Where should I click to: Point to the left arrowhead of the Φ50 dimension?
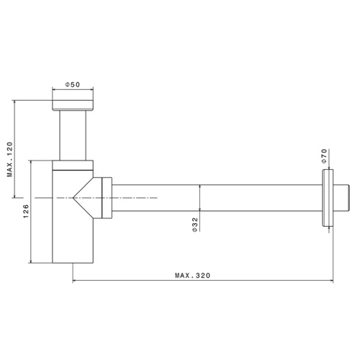pyautogui.click(x=55, y=91)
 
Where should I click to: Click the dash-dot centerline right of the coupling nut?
pyautogui.click(x=137, y=197)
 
